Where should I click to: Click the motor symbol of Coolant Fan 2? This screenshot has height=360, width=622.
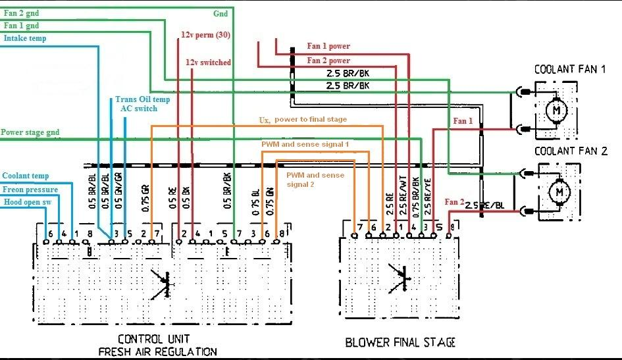[x=560, y=192]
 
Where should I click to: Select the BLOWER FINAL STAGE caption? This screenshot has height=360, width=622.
[x=400, y=342]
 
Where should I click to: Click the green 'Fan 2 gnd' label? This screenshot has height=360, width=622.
[x=21, y=13]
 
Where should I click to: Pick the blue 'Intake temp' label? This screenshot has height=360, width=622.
[x=25, y=38]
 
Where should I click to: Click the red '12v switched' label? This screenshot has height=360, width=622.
[x=208, y=63]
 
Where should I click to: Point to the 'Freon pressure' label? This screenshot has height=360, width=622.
[x=30, y=190]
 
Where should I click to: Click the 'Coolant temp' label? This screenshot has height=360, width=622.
[x=26, y=176]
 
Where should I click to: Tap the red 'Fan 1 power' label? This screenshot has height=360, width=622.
[x=328, y=46]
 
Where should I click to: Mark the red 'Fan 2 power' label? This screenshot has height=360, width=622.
[x=328, y=61]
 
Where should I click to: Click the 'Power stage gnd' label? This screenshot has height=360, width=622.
[x=30, y=132]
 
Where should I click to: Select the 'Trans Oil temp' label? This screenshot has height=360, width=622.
[x=142, y=99]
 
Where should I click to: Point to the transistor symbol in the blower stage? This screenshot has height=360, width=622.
[x=400, y=277]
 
